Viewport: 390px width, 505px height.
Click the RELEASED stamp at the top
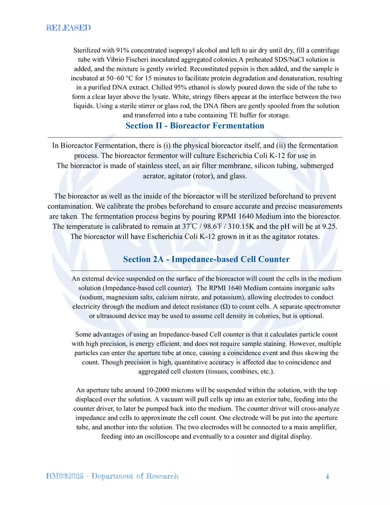point(69,27)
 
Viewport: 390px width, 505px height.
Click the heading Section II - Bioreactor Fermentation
point(195,125)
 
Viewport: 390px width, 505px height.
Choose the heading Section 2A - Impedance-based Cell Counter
point(206,259)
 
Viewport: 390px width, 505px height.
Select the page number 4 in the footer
point(327,476)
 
